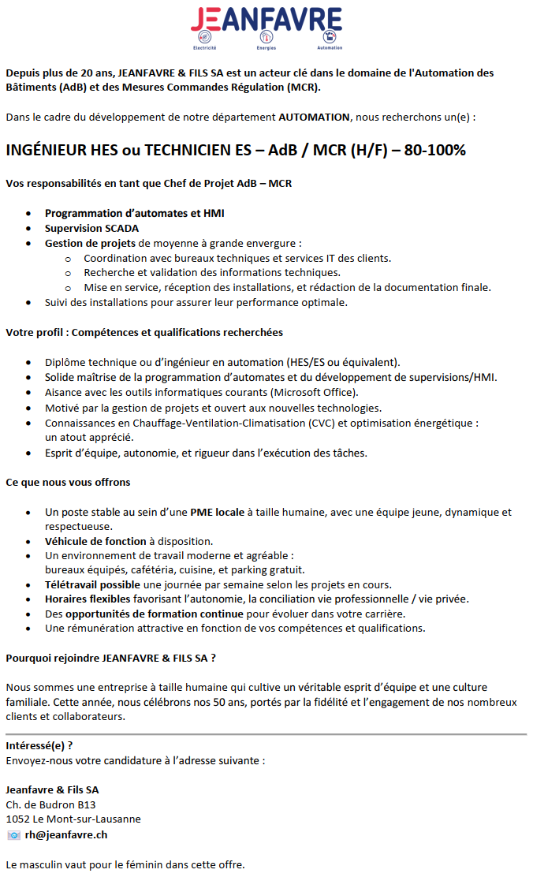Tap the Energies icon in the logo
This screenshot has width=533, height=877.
tap(266, 37)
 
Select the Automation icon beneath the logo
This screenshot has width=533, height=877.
tap(328, 37)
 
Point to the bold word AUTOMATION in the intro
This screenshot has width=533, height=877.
tap(314, 117)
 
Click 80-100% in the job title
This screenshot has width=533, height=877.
tap(435, 150)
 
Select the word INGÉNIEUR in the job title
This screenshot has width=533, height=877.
tap(47, 150)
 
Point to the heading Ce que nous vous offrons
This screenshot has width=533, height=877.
tap(68, 482)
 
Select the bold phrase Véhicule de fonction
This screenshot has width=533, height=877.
tap(95, 541)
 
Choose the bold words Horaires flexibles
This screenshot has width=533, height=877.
tap(88, 599)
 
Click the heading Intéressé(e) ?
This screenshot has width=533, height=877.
tap(39, 745)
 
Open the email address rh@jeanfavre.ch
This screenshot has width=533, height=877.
tap(66, 834)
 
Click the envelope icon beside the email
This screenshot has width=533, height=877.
tap(13, 834)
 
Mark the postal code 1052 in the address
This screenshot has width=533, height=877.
tap(17, 819)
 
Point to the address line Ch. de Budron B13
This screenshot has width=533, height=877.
tap(50, 804)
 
